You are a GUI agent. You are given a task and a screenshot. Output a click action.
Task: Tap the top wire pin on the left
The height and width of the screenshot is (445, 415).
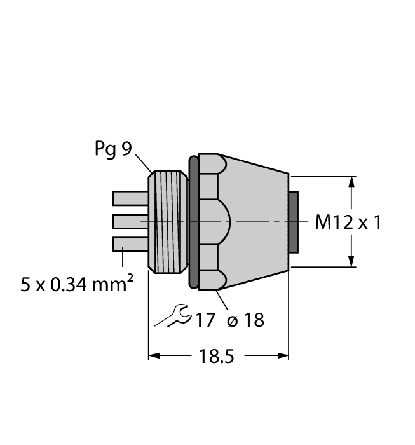click(x=130, y=198)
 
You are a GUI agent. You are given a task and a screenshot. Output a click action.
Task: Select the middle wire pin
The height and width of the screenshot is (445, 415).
click(x=130, y=221)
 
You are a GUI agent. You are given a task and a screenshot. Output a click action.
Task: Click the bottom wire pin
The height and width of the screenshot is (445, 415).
click(x=130, y=243)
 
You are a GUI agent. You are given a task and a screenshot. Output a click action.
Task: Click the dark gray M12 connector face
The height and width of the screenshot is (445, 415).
click(x=293, y=221)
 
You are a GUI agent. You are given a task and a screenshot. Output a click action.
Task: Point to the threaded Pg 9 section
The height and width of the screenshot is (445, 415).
click(x=168, y=221)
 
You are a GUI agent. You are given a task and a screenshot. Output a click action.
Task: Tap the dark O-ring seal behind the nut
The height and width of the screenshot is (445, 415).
click(x=194, y=221)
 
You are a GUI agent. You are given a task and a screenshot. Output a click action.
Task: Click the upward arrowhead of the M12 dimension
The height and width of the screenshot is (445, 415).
click(x=351, y=182)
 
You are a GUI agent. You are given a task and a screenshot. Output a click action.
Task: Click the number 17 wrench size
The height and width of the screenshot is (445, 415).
click(x=205, y=320)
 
